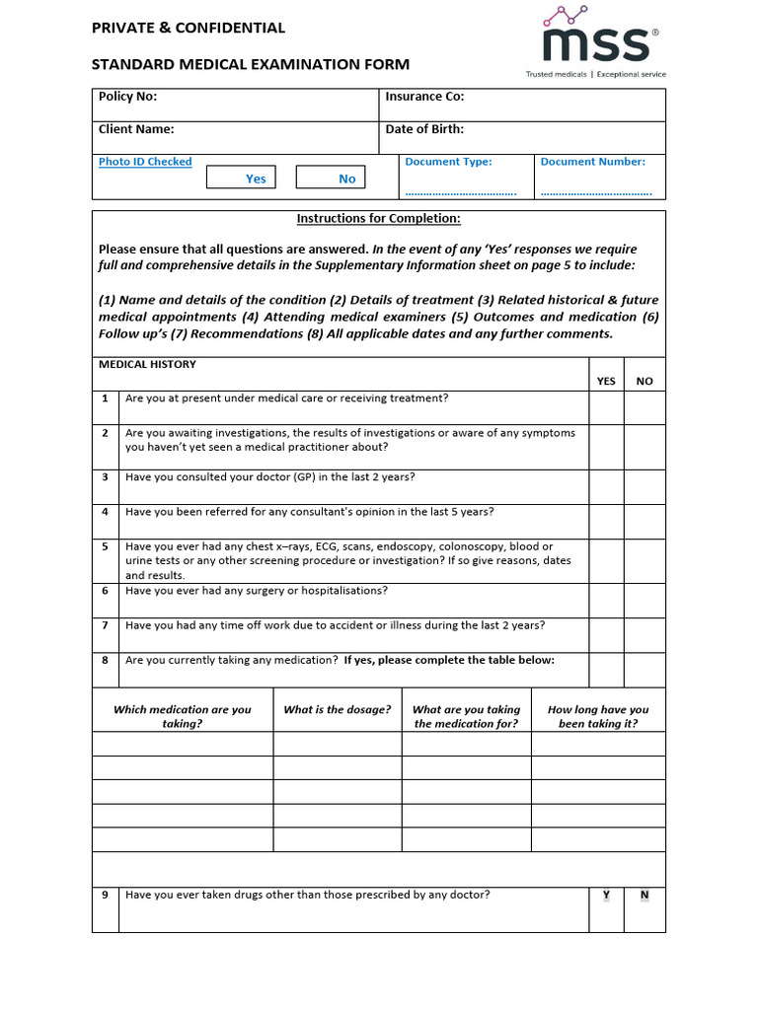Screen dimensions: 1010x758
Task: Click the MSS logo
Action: pos(598,40)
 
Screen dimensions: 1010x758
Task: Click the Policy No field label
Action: pos(127,97)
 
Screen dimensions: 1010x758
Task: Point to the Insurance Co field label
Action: pos(424,97)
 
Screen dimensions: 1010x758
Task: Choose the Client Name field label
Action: pos(136,129)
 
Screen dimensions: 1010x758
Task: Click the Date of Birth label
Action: pos(424,129)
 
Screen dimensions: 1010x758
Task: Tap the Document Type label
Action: pos(448,162)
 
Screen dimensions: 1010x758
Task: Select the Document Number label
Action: pos(592,162)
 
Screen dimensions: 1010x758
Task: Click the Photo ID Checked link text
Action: pos(145,162)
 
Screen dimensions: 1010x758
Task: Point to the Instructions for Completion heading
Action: pos(379,219)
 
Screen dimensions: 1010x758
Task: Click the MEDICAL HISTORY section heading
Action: pos(147,365)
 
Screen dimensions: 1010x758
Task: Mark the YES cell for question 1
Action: pos(606,407)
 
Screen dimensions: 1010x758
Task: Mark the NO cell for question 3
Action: pos(644,486)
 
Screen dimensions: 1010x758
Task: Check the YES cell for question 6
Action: pos(606,600)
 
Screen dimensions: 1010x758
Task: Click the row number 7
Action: pos(105,625)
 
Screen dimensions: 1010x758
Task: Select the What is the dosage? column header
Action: pos(338,710)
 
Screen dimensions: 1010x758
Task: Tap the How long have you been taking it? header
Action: pos(598,716)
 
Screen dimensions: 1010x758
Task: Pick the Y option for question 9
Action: pos(606,896)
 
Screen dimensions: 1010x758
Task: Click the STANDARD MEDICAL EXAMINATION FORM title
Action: pos(251,65)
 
